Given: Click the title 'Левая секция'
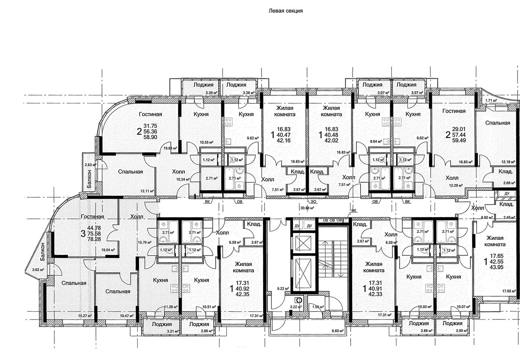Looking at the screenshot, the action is (x=286, y=11).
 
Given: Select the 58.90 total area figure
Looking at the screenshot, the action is (x=150, y=137).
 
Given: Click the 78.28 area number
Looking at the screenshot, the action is (x=94, y=239).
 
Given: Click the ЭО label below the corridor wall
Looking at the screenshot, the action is (x=313, y=202).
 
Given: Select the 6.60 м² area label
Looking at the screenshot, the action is (x=338, y=331).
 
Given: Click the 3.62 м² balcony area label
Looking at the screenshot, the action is (x=38, y=269).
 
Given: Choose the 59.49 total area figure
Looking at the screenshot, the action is (x=459, y=140).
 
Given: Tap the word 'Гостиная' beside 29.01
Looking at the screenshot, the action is (x=454, y=111).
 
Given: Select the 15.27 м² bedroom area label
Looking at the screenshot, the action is (x=85, y=316).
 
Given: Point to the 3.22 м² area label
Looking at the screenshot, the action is (x=295, y=307).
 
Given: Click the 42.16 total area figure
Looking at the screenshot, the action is (x=284, y=140).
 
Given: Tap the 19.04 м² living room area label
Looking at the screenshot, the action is (x=108, y=250).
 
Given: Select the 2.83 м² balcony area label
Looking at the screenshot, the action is (x=91, y=165).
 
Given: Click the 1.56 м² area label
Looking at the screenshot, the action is (x=318, y=307).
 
